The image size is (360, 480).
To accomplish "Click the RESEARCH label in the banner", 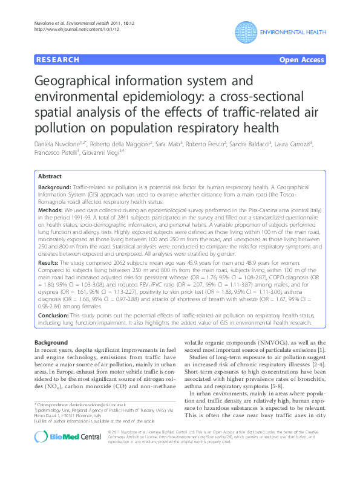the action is click(58, 60).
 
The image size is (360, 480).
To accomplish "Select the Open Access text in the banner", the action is click(302, 60).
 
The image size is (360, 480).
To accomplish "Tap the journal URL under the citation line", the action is click(65, 28).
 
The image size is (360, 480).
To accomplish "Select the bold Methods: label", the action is click(51, 209).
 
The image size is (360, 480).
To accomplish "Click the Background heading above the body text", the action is click(51, 343).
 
